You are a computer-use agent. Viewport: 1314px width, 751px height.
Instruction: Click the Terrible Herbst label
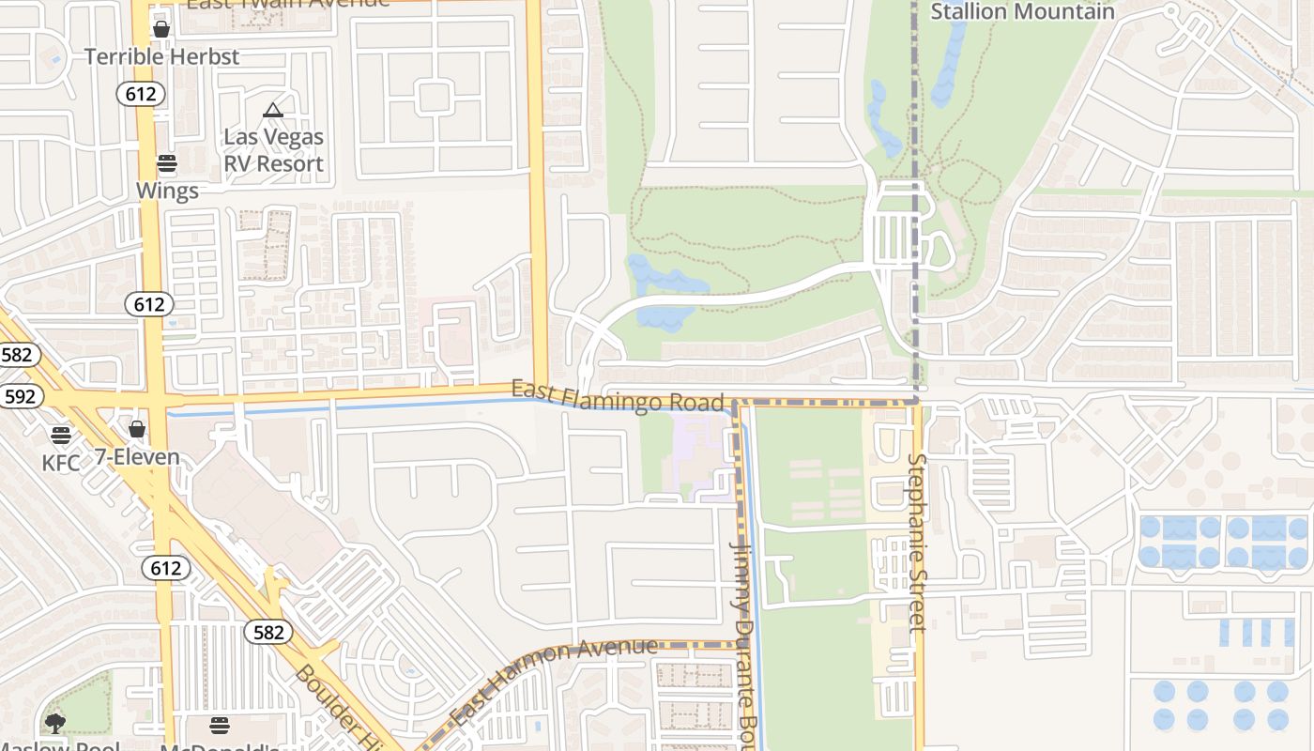point(161,56)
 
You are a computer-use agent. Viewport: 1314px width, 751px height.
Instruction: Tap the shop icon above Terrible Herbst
point(161,29)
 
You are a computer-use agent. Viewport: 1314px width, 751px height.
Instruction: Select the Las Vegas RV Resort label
point(273,150)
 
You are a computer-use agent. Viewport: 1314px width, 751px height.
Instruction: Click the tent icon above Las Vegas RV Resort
point(273,111)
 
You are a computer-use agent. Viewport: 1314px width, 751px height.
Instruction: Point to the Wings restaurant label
point(167,191)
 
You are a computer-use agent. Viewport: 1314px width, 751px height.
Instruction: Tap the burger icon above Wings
point(167,164)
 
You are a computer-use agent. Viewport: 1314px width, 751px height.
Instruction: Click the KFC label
point(61,462)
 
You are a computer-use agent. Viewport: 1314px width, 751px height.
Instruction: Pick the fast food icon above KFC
point(61,435)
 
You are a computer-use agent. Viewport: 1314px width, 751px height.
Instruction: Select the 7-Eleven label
point(137,457)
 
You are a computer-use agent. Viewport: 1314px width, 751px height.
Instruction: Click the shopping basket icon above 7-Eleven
point(137,429)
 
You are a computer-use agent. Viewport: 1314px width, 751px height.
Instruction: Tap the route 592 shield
point(19,396)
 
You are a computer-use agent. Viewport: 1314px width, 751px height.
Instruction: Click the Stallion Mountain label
point(1022,11)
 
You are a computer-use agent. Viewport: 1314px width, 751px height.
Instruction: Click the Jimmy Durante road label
point(743,638)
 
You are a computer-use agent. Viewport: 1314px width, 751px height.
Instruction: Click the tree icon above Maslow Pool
point(55,723)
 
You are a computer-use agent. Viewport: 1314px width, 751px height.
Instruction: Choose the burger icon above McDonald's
point(220,725)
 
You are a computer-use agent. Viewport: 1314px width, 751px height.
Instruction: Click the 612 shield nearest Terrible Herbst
point(142,93)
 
